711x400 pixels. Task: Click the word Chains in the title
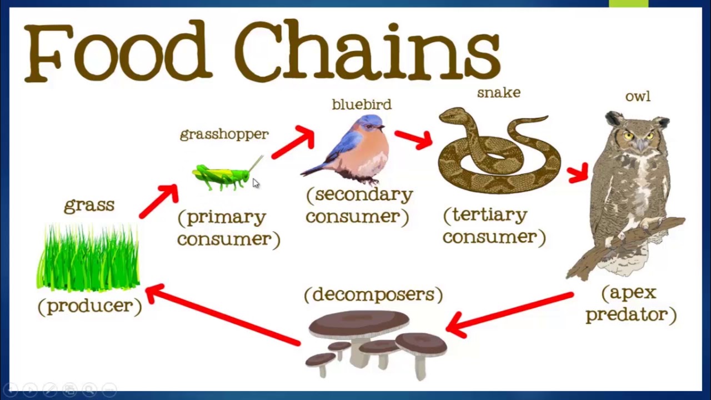[x=367, y=51]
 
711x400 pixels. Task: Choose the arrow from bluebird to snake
[x=413, y=139]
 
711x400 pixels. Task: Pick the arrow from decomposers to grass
[x=222, y=315]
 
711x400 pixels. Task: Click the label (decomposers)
[x=373, y=294]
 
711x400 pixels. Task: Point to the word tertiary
[x=485, y=215]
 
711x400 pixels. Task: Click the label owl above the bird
[x=638, y=97]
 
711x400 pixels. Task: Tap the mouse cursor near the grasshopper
[x=256, y=183]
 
